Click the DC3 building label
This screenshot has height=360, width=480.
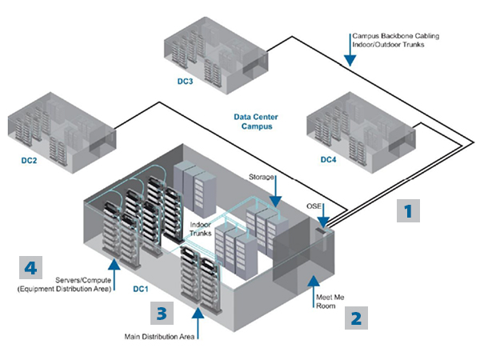(x=186, y=81)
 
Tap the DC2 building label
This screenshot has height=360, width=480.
(x=29, y=161)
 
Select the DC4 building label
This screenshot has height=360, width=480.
(x=328, y=159)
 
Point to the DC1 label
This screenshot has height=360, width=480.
(x=141, y=289)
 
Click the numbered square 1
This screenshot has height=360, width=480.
(x=408, y=210)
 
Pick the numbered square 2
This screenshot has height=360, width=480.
(x=356, y=318)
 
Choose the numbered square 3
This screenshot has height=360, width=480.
(x=162, y=313)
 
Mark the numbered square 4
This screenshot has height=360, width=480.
(x=30, y=267)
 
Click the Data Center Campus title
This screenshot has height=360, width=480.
(x=256, y=122)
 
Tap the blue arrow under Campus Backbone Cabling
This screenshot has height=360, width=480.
(x=350, y=50)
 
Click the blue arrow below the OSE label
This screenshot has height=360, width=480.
(x=323, y=215)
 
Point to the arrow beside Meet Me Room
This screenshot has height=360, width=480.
(x=313, y=291)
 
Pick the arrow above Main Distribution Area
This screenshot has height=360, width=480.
(x=198, y=323)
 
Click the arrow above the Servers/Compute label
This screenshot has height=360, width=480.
(x=114, y=274)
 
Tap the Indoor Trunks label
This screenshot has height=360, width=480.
(x=201, y=229)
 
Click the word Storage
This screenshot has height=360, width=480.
(x=261, y=177)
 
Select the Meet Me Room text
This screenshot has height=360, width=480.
(x=330, y=302)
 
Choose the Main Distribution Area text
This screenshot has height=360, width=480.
(x=159, y=337)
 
